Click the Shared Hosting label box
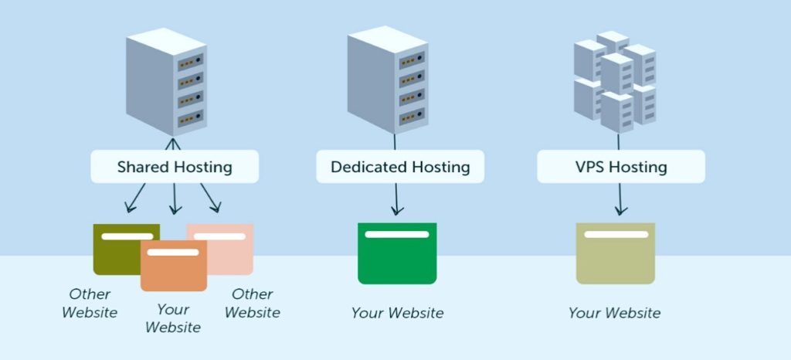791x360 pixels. [174, 166]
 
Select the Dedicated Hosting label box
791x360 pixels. [399, 166]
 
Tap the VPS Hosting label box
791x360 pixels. [620, 166]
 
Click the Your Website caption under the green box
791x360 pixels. [397, 313]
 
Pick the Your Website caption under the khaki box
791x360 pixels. [614, 313]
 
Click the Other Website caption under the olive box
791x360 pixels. [90, 303]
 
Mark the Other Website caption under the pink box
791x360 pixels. [252, 303]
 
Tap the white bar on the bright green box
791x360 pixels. [396, 234]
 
